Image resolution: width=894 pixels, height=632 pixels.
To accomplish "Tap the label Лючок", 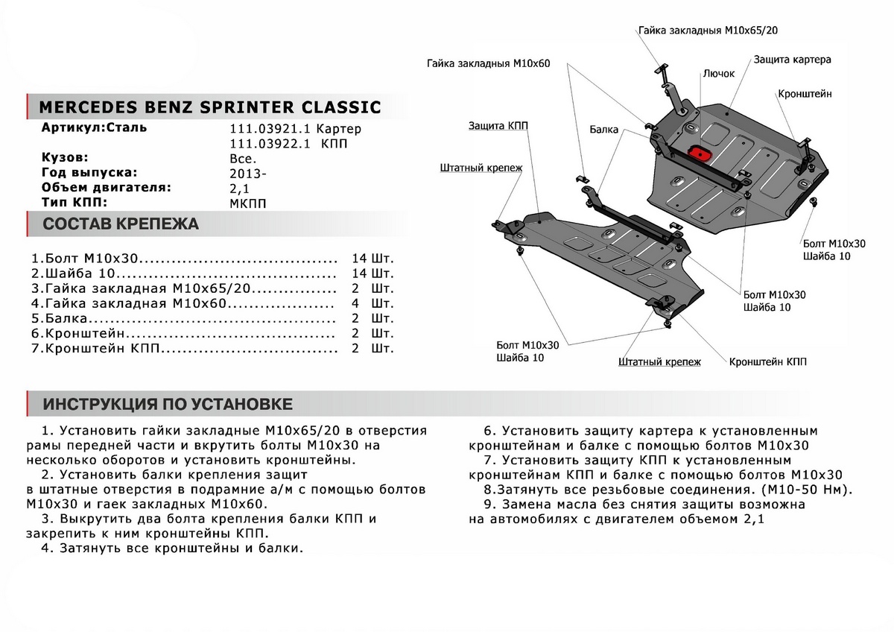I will point(718,74).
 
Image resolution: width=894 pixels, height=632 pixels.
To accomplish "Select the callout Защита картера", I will point(792,59).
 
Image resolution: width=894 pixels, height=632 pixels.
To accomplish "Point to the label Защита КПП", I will point(498,126).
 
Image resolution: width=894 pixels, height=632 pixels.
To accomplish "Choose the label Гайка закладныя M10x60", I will point(488,64).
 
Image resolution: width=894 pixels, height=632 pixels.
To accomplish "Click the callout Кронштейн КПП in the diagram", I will point(767,361).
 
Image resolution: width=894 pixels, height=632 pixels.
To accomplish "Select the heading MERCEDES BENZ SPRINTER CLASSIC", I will point(209,107).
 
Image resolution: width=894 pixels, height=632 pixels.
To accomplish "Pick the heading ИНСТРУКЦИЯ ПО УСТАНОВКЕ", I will point(168,405).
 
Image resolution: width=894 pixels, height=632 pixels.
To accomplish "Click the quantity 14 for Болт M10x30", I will point(359,259).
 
